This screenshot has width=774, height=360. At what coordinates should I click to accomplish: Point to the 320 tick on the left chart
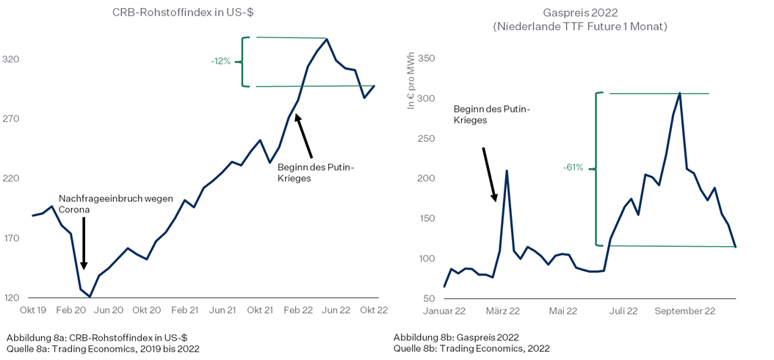click(30, 60)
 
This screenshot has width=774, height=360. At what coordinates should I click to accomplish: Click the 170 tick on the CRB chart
click(30, 239)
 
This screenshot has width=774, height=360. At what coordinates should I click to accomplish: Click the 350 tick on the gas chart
click(426, 59)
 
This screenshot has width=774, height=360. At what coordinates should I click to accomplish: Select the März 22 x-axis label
click(503, 311)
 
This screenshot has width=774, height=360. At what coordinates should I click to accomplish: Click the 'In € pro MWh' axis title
click(411, 81)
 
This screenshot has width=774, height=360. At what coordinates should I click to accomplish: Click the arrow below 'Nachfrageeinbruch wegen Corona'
click(84, 242)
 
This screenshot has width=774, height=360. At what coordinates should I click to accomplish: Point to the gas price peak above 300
click(680, 93)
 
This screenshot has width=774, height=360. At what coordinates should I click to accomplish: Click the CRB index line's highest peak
click(327, 39)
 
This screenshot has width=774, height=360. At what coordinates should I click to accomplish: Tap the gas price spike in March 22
click(507, 170)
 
